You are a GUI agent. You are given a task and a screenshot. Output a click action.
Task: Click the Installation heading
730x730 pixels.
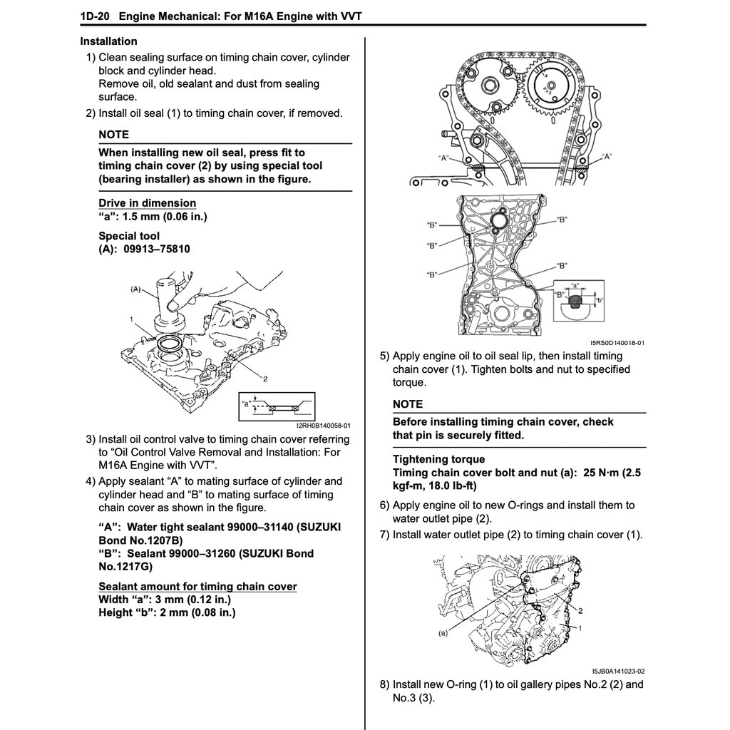pyautogui.click(x=108, y=41)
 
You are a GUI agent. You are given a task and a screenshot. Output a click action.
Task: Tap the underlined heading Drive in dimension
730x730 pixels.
pyautogui.click(x=147, y=203)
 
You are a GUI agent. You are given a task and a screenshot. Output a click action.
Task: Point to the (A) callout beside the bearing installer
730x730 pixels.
pyautogui.click(x=138, y=289)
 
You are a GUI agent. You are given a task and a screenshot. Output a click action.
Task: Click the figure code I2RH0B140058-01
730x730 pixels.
pyautogui.click(x=324, y=426)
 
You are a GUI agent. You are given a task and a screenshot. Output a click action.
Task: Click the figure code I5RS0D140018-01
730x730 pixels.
pyautogui.click(x=617, y=342)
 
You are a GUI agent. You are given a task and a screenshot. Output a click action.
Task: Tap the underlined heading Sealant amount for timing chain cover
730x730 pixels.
pyautogui.click(x=197, y=586)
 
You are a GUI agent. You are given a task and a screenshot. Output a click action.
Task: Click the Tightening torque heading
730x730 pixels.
pyautogui.click(x=438, y=459)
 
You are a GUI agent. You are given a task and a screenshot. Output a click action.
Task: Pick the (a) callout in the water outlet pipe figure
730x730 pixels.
pyautogui.click(x=443, y=632)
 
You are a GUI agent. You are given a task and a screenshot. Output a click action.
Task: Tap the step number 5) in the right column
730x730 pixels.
pyautogui.click(x=384, y=356)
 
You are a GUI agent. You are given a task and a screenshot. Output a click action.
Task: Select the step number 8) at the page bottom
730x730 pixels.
pyautogui.click(x=384, y=684)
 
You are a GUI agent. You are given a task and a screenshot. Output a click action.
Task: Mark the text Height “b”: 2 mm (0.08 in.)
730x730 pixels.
pyautogui.click(x=167, y=612)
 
